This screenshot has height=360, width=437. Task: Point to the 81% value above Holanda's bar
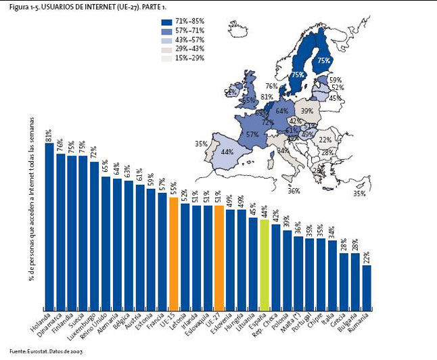(x=49, y=136)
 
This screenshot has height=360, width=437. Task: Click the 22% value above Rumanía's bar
(x=367, y=258)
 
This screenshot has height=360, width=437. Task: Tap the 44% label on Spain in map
(x=227, y=153)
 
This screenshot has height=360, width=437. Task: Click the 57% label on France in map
(x=253, y=135)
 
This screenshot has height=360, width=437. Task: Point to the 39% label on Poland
(x=307, y=111)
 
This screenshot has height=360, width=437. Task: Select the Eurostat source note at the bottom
(x=47, y=353)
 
